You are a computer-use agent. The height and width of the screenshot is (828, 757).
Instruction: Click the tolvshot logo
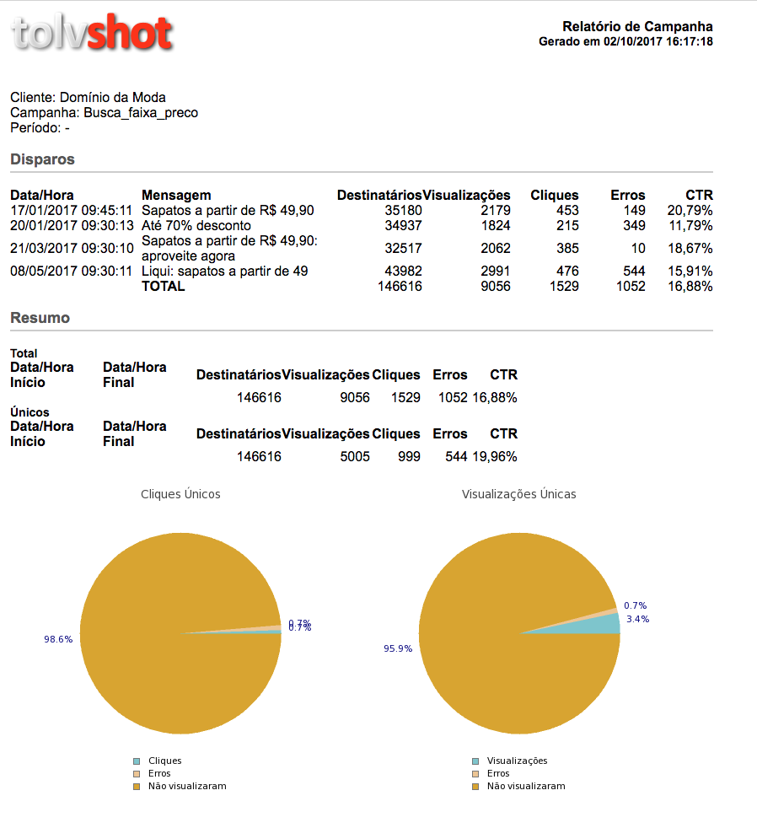[x=93, y=33]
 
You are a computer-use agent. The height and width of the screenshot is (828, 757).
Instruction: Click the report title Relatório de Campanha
[x=637, y=26]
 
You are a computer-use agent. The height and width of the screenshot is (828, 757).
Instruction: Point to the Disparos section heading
[x=42, y=159]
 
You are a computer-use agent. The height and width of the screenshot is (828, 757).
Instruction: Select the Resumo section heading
[x=40, y=318]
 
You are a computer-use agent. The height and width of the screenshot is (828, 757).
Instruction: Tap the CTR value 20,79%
[x=690, y=211]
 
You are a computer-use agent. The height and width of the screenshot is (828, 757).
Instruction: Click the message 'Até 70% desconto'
[x=196, y=226]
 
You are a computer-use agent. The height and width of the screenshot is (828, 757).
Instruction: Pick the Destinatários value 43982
[x=403, y=272]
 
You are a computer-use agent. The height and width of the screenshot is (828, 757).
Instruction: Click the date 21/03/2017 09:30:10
[x=72, y=249]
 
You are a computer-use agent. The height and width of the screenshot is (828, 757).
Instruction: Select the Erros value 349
[x=634, y=226]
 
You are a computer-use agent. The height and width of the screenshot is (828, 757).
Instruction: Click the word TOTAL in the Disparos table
[x=164, y=287]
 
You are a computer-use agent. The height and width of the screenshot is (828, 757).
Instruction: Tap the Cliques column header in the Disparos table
[x=555, y=196]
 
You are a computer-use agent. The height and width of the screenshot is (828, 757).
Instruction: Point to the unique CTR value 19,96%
[x=495, y=457]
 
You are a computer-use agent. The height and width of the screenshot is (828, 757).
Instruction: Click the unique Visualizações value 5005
[x=355, y=457]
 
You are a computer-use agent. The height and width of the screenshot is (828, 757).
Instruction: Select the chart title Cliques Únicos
[x=180, y=494]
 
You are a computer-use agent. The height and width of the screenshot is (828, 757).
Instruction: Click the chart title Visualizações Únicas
[x=519, y=494]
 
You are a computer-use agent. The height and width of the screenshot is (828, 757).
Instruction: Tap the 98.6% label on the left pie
[x=58, y=639]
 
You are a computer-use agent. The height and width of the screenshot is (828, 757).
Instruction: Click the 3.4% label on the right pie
[x=637, y=619]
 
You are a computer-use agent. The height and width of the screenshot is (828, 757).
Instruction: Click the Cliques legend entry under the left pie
[x=158, y=761]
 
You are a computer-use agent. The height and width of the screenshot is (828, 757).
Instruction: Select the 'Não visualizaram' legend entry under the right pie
[x=518, y=787]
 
